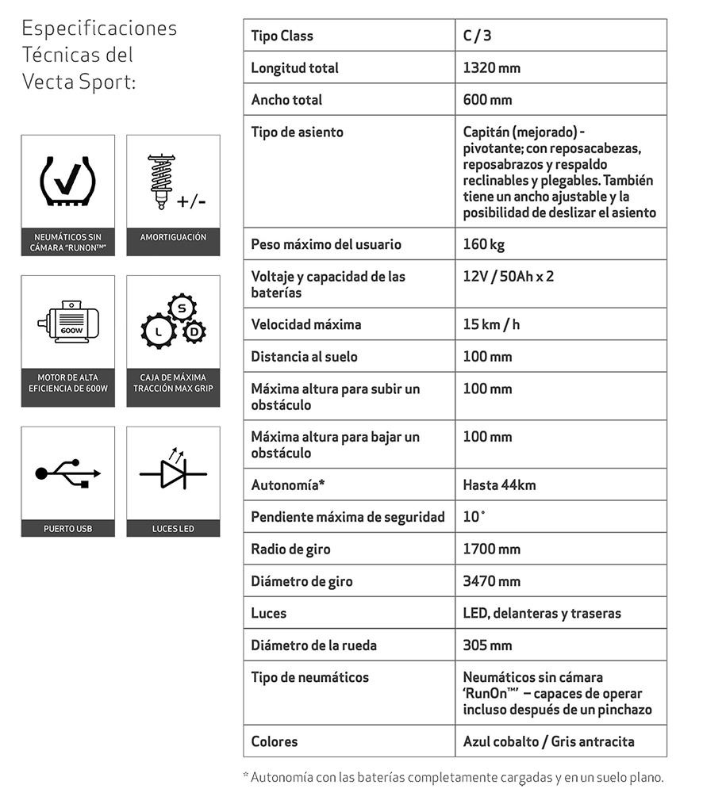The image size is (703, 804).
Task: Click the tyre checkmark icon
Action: pyautogui.click(x=67, y=182)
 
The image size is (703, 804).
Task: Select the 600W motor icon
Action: pyautogui.click(x=67, y=322)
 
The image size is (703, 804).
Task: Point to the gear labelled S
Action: pyautogui.click(x=182, y=307)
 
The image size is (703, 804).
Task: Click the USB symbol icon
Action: pyautogui.click(x=67, y=473)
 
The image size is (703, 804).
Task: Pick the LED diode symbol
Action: pyautogui.click(x=173, y=473)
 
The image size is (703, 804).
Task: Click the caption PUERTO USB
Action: pyautogui.click(x=67, y=529)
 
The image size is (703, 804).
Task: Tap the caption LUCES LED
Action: pyautogui.click(x=173, y=529)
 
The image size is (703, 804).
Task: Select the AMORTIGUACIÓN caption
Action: pyautogui.click(x=173, y=237)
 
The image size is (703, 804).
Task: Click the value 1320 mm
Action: pyautogui.click(x=492, y=68)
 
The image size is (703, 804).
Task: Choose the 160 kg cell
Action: pyautogui.click(x=484, y=244)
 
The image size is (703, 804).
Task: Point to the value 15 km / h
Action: pyautogui.click(x=491, y=324)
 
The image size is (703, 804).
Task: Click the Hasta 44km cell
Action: pyautogui.click(x=499, y=484)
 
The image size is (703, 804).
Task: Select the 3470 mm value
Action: pyautogui.click(x=492, y=581)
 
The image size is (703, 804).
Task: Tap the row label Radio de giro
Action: pyautogui.click(x=290, y=549)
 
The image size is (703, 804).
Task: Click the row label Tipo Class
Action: pyautogui.click(x=282, y=36)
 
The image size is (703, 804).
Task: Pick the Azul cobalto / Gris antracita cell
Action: pyautogui.click(x=548, y=741)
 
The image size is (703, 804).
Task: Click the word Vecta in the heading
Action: pyautogui.click(x=48, y=82)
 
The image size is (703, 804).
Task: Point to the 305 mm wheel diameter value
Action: pyautogui.click(x=487, y=645)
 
